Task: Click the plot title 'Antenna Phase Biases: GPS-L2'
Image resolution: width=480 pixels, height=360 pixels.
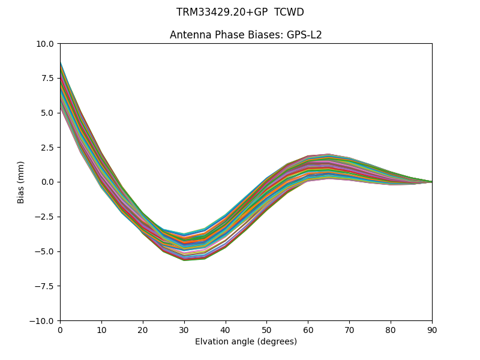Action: click(246, 35)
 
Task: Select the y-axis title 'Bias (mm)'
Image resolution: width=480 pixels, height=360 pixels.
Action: click(21, 182)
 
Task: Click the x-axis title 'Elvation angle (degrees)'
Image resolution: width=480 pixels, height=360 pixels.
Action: click(246, 341)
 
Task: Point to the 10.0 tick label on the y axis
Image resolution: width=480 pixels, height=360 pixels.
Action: click(45, 44)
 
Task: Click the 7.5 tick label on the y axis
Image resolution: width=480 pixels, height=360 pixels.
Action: click(47, 78)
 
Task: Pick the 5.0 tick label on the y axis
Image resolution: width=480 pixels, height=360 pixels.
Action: click(47, 113)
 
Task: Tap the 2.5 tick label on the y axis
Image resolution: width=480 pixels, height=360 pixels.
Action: click(47, 148)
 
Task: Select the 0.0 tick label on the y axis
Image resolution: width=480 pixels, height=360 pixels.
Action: click(47, 182)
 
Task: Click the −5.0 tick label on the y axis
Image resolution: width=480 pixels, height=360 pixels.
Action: click(44, 251)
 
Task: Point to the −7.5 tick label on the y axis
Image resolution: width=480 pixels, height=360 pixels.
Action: click(44, 286)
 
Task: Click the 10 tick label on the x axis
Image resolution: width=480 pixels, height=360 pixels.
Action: click(101, 330)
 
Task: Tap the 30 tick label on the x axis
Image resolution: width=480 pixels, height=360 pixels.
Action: click(184, 330)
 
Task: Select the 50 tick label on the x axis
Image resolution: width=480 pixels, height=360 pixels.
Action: click(266, 330)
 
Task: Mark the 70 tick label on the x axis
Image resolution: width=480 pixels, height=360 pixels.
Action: click(349, 330)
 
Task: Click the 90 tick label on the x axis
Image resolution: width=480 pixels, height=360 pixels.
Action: click(432, 330)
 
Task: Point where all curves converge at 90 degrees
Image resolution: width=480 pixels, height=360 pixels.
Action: click(431, 182)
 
